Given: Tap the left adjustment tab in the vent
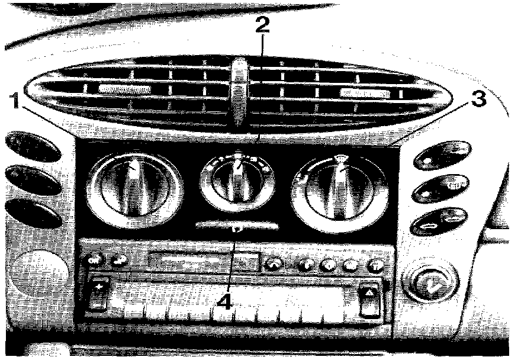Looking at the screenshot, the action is [124, 89].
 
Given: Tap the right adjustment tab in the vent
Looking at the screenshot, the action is [365, 93].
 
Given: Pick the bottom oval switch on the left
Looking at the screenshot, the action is [34, 214].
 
